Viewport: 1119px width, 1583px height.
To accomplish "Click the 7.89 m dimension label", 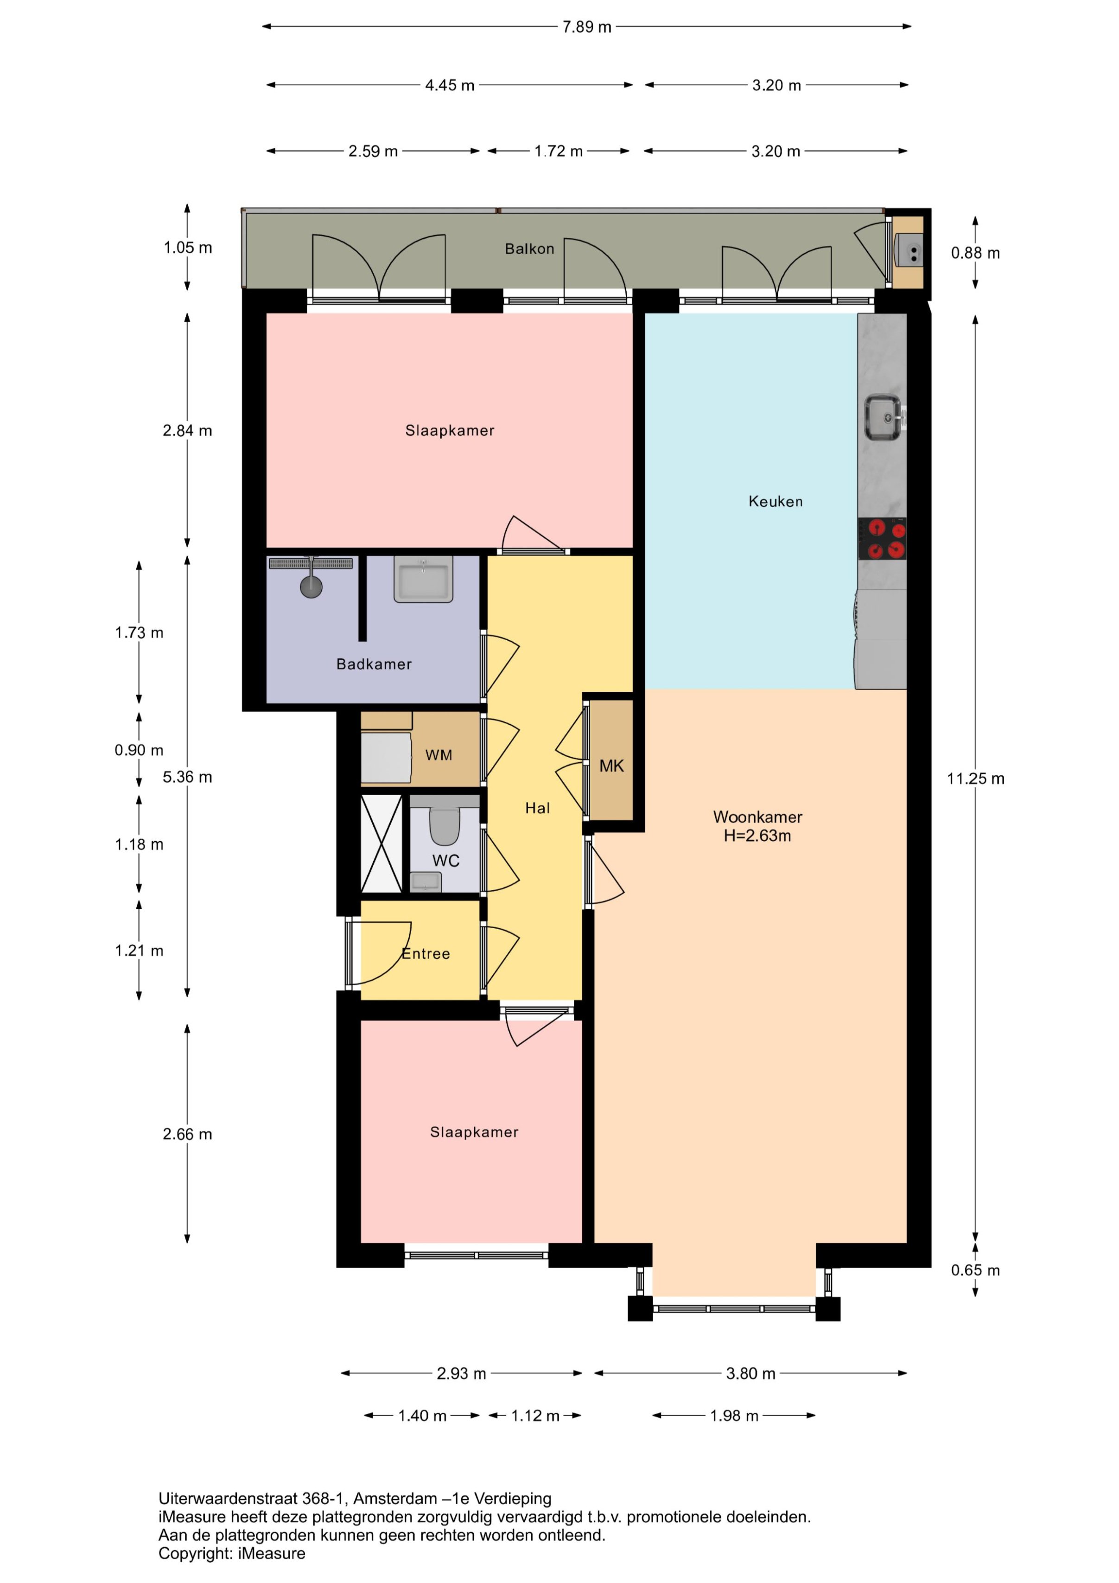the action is pos(587,27).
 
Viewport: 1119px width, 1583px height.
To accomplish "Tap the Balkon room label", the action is pos(529,249).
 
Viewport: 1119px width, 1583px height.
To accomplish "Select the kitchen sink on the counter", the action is pos(883,417).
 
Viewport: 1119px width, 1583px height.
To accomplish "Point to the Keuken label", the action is pos(776,501).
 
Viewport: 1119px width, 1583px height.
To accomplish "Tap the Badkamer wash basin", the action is pos(423,579).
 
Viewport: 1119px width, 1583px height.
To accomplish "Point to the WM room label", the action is pos(439,755).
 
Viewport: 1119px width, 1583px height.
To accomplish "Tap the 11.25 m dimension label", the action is pos(976,779).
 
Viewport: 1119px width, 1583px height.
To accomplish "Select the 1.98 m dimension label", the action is pos(734,1416).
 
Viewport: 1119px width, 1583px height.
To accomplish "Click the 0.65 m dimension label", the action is pos(976,1270).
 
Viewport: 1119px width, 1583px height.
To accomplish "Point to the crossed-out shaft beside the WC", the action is pos(381,844).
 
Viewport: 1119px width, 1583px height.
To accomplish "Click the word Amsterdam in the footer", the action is pos(396,1498).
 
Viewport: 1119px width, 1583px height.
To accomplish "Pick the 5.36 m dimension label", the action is pos(188,777).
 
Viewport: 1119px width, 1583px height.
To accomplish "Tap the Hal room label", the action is pos(538,808).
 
